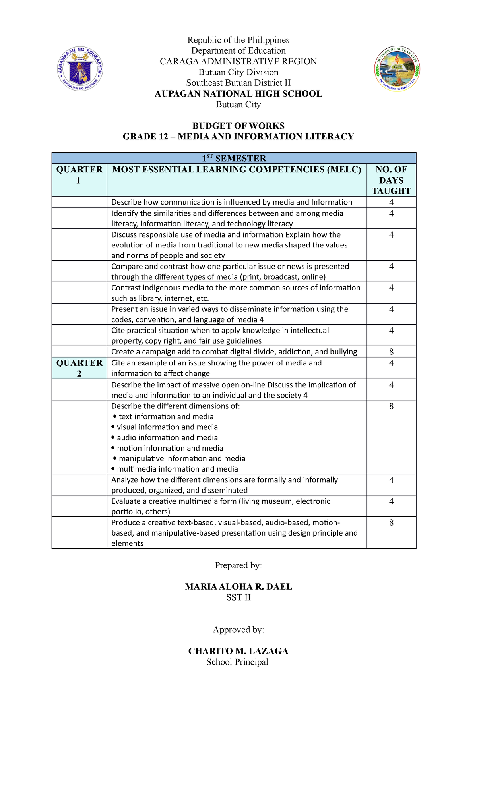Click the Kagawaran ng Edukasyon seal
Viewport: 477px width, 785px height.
coord(80,69)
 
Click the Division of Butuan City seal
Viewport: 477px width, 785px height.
coord(397,69)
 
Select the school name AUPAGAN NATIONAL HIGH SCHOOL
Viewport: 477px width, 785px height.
coord(238,94)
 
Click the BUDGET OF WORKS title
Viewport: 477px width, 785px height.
coord(238,126)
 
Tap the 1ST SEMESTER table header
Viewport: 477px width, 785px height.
coord(234,158)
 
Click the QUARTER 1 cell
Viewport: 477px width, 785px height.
coord(79,175)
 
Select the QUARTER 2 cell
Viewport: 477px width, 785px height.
coord(79,368)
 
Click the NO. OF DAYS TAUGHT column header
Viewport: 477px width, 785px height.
coord(391,180)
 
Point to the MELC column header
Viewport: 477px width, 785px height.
coord(237,170)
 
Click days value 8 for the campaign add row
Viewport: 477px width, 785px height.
coord(391,352)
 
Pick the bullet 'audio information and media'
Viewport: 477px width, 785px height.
coord(167,437)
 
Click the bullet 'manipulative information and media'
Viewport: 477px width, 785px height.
coord(182,458)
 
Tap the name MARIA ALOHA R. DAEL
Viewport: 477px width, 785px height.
coord(238,586)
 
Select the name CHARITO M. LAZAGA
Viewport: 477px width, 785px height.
coord(238,651)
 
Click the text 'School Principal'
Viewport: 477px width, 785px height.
coord(237,662)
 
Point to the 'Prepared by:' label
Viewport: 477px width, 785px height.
coord(238,565)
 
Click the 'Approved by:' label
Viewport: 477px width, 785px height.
coord(238,629)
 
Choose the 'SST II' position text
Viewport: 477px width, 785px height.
coord(238,597)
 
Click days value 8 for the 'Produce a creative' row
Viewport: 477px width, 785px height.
coord(391,522)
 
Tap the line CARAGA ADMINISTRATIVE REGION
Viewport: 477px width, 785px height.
coord(238,62)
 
